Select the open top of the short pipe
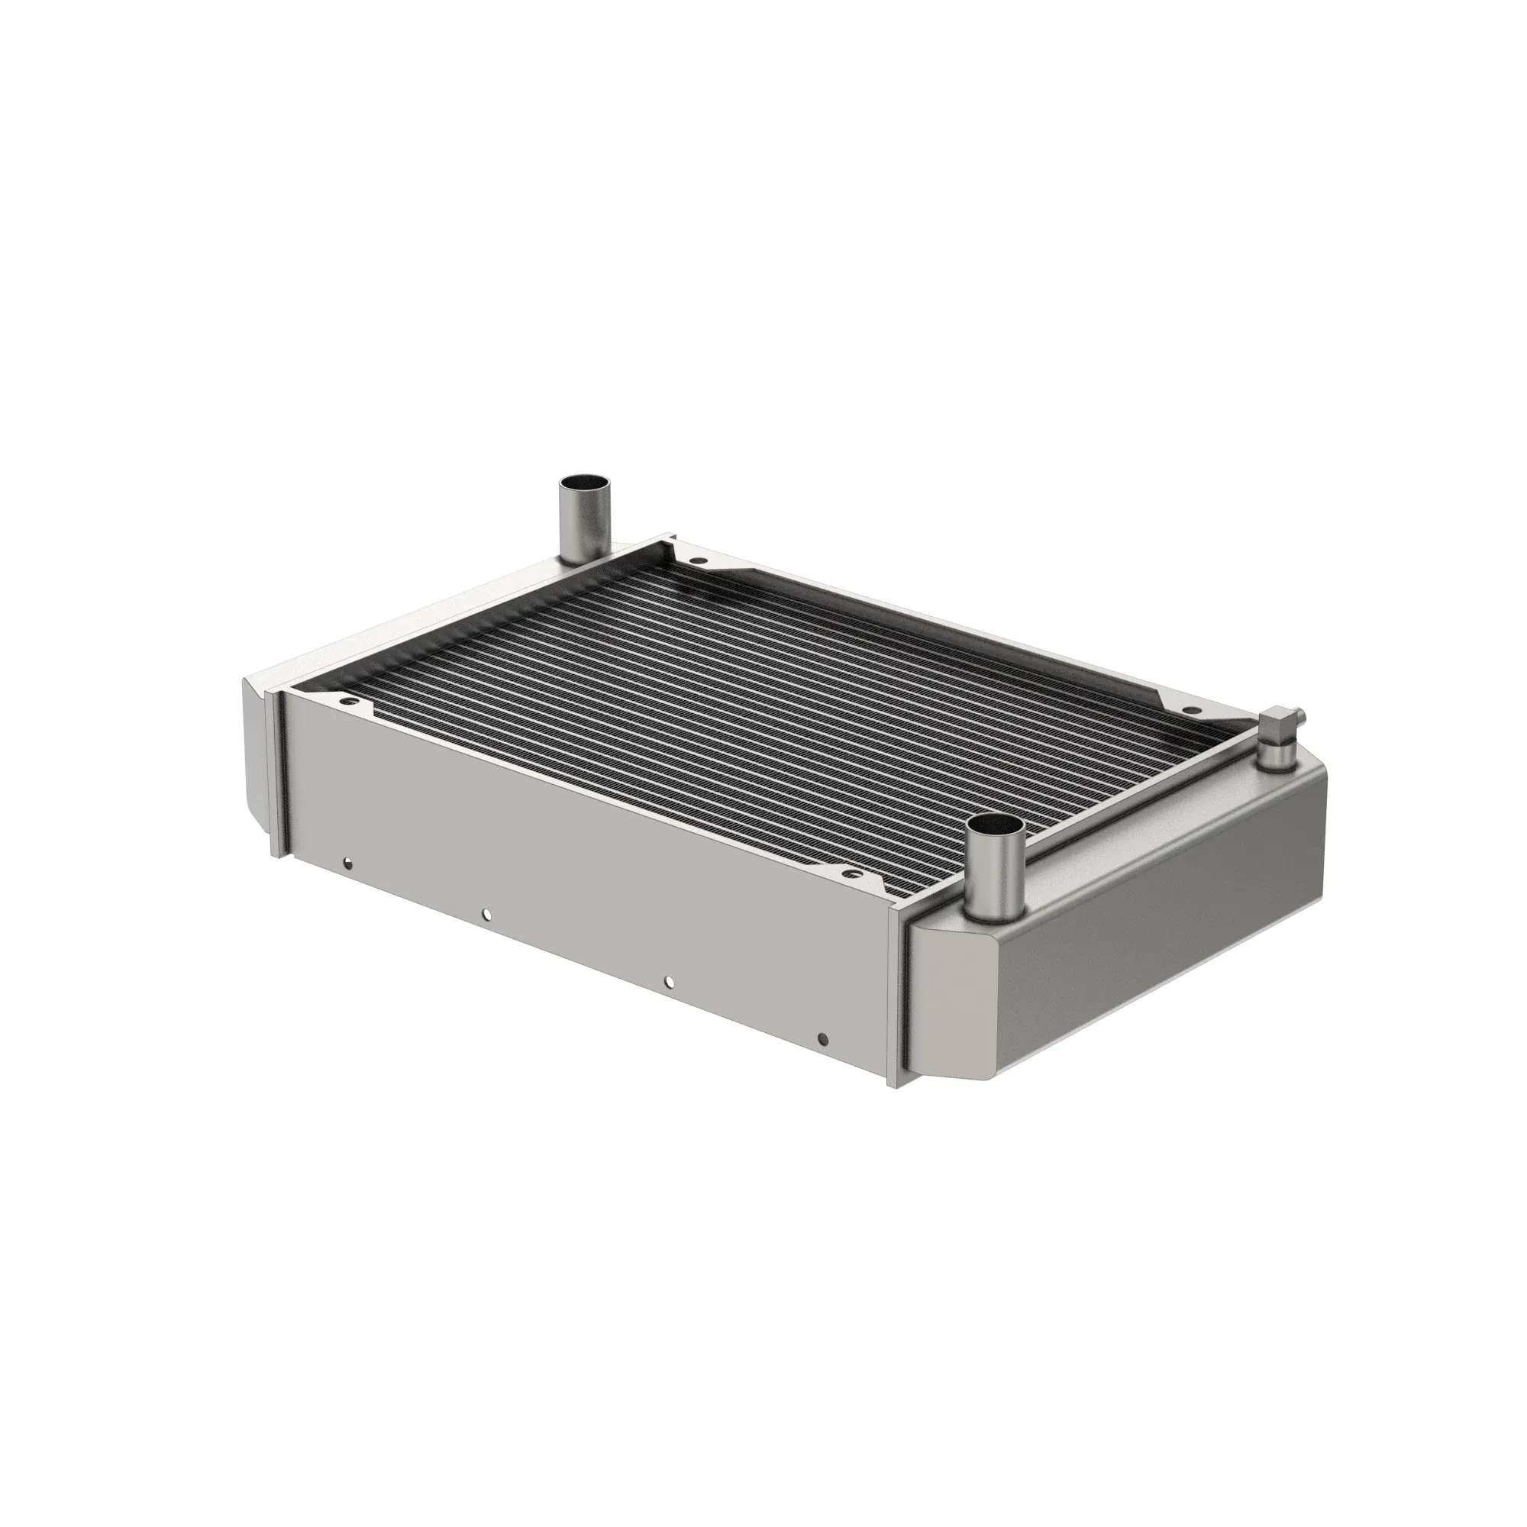point(996,828)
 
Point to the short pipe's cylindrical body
point(996,877)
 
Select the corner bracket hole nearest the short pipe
point(851,874)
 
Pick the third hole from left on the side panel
point(669,982)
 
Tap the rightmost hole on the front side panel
point(823,1038)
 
